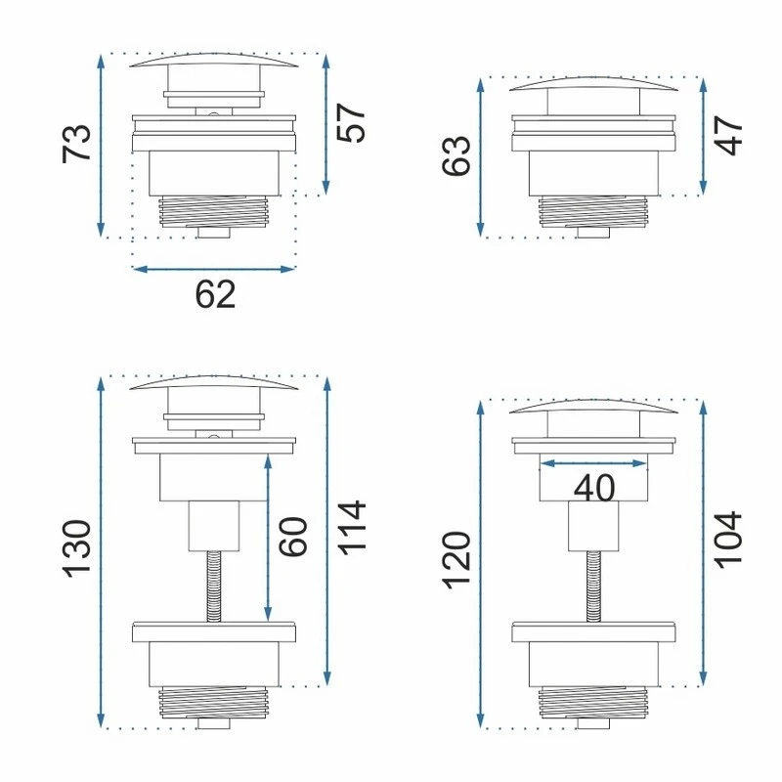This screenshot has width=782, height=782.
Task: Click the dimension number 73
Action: click(x=77, y=144)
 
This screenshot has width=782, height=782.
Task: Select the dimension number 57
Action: click(x=352, y=123)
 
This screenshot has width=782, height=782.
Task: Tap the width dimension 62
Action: click(x=215, y=295)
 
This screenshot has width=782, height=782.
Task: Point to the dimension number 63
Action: click(x=456, y=155)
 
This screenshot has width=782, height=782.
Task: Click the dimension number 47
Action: click(x=728, y=135)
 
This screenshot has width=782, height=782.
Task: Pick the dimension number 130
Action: click(x=77, y=549)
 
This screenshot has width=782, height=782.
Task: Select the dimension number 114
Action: click(x=352, y=528)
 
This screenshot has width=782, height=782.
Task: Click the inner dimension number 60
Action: click(x=292, y=537)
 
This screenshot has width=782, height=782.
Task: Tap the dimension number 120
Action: click(x=456, y=560)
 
